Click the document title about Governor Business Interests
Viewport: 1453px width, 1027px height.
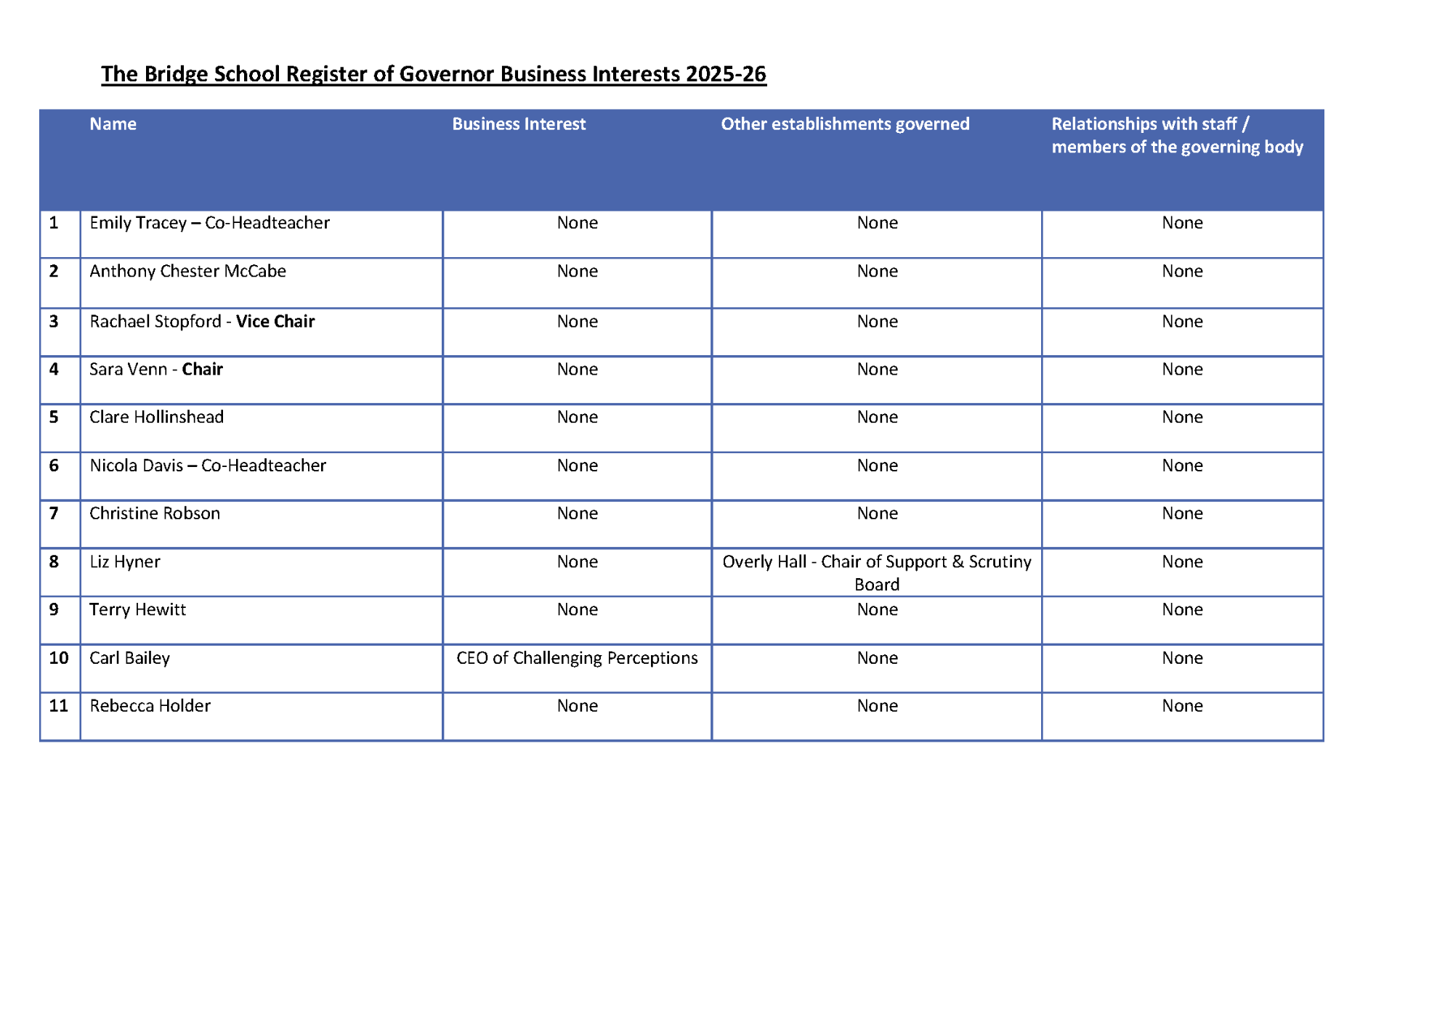pyautogui.click(x=433, y=74)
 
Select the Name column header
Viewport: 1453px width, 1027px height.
pyautogui.click(x=113, y=124)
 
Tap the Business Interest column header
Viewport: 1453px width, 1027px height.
pyautogui.click(x=518, y=124)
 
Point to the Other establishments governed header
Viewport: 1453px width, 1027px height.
pyautogui.click(x=844, y=124)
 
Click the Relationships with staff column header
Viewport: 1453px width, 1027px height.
pyautogui.click(x=1176, y=136)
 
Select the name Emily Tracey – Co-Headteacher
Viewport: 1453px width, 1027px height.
pyautogui.click(x=209, y=223)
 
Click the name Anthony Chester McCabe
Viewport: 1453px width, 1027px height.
pyautogui.click(x=187, y=272)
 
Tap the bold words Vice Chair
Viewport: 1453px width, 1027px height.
pyautogui.click(x=275, y=322)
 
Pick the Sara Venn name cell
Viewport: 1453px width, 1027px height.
pyautogui.click(x=155, y=370)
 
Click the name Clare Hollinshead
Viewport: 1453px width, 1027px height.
pyautogui.click(x=156, y=418)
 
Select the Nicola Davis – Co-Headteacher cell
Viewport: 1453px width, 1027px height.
pyautogui.click(x=208, y=466)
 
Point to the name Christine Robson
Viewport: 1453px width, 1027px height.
pyautogui.click(x=154, y=513)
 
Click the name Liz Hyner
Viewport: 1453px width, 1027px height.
pyautogui.click(x=124, y=562)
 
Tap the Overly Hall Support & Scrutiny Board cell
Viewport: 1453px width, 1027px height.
pyautogui.click(x=876, y=572)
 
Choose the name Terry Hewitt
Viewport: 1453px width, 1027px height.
pyautogui.click(x=137, y=610)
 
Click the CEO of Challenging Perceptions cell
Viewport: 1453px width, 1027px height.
pyautogui.click(x=577, y=658)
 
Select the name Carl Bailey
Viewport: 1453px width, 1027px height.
pyautogui.click(x=129, y=658)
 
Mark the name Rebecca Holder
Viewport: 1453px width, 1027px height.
pyautogui.click(x=150, y=706)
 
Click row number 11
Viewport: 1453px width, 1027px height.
pyautogui.click(x=58, y=706)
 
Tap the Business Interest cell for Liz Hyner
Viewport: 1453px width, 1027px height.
pyautogui.click(x=577, y=562)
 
